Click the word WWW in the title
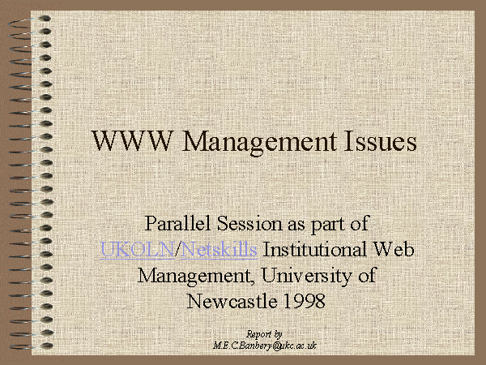[x=131, y=141]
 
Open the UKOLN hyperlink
[x=138, y=250]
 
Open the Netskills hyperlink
[x=219, y=249]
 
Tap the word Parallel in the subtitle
[x=178, y=223]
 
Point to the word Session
[x=249, y=223]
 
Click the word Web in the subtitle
[x=393, y=249]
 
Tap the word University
[x=306, y=276]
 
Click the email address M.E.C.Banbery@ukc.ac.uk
[x=265, y=346]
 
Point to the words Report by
[x=264, y=334]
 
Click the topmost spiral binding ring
[x=30, y=21]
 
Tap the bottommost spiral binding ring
[x=31, y=346]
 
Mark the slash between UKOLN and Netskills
[x=177, y=250]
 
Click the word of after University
[x=367, y=276]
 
